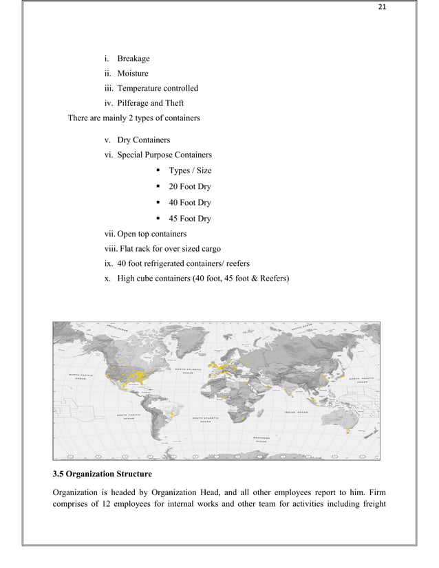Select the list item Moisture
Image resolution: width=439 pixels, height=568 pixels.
(x=132, y=74)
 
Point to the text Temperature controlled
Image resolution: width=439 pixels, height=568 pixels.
(x=158, y=88)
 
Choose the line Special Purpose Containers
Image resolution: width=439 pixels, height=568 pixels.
(x=164, y=155)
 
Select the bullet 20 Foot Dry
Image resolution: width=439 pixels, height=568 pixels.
(x=190, y=186)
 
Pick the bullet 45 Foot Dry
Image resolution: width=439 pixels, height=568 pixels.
(x=190, y=219)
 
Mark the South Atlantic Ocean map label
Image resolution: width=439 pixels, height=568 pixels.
(x=206, y=419)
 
